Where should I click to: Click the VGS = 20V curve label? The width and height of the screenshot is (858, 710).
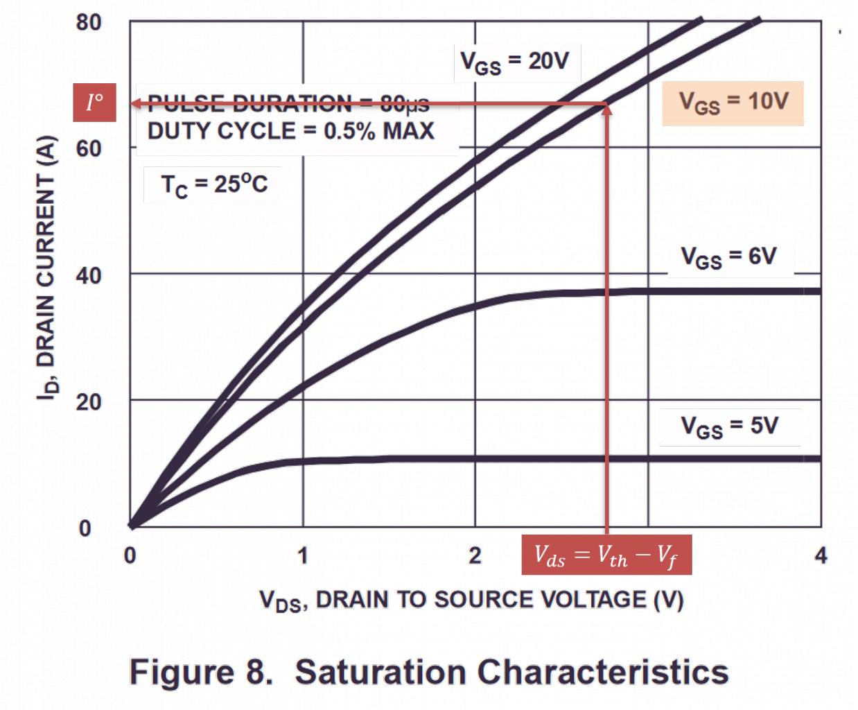[514, 62]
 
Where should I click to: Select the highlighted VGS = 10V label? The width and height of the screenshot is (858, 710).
[733, 103]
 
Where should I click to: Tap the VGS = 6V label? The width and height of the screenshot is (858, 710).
[728, 257]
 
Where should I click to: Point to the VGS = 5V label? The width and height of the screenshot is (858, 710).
[729, 425]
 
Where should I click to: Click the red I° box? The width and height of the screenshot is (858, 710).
[95, 103]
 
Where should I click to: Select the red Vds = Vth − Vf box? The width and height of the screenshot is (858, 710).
[606, 555]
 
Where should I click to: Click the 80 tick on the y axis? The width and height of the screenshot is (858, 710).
[88, 22]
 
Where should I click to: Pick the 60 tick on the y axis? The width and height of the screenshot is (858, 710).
[88, 148]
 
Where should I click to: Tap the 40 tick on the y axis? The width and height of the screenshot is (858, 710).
[88, 275]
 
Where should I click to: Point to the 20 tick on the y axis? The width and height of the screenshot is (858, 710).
[88, 401]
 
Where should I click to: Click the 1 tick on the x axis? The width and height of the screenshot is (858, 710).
[302, 555]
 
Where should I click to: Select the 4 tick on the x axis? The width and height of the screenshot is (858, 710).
[821, 555]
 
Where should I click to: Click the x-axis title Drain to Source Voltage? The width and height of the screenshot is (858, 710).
[471, 599]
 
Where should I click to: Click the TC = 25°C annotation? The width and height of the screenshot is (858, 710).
[213, 184]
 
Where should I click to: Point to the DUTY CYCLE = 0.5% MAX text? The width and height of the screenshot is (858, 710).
[291, 130]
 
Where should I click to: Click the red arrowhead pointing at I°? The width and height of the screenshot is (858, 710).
[136, 104]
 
